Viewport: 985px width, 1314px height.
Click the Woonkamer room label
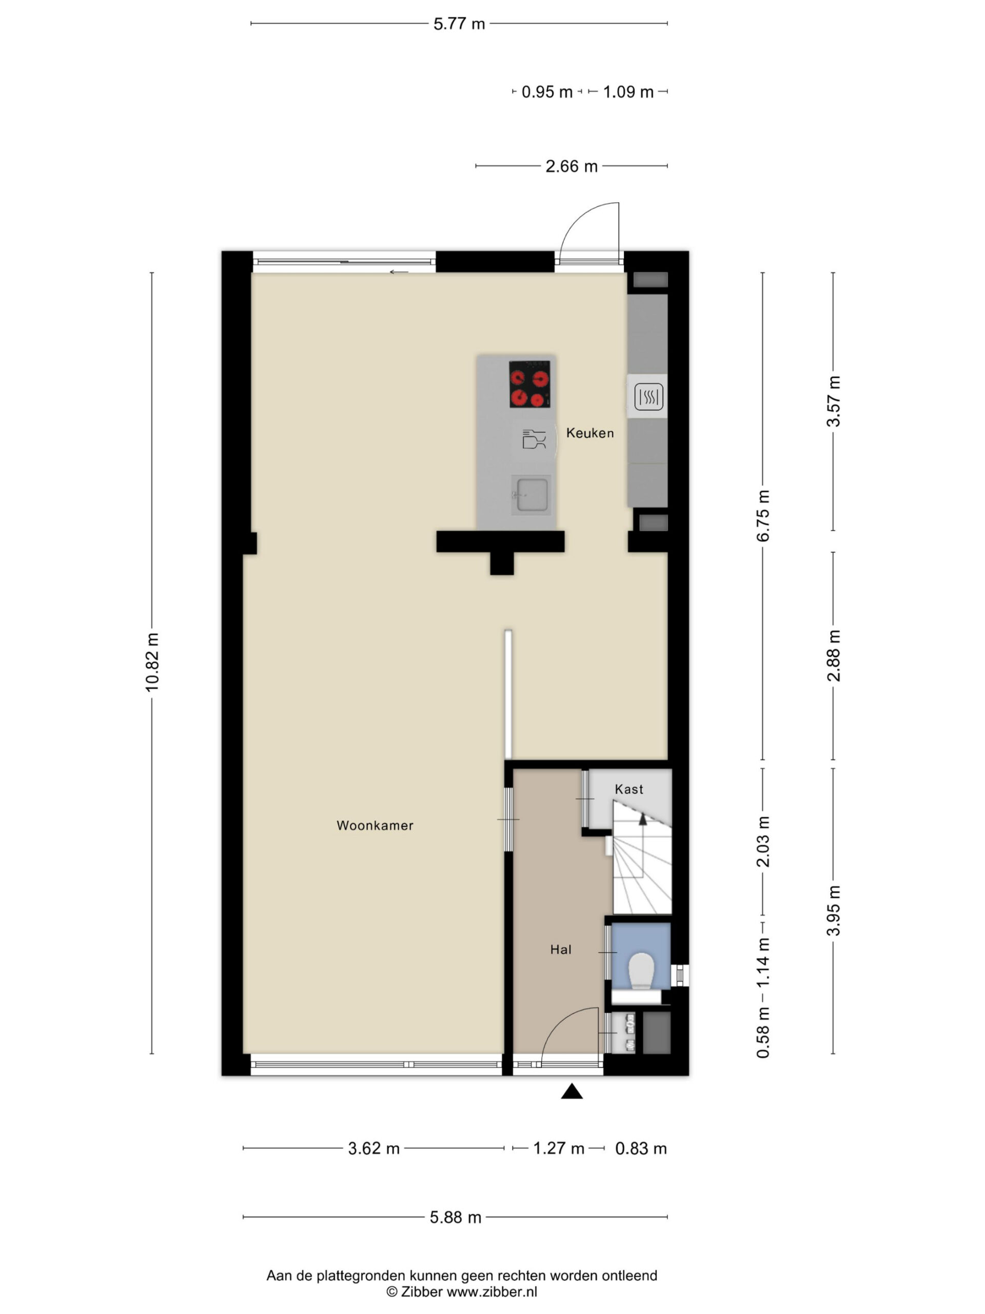tap(375, 825)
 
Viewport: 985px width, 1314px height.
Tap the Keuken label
tap(589, 433)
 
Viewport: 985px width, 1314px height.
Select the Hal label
tap(561, 949)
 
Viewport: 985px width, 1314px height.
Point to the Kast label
tap(629, 789)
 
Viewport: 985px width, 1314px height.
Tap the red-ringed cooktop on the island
tap(529, 384)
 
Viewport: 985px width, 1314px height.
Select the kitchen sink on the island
tap(531, 494)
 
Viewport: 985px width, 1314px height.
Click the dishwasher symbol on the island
tap(534, 439)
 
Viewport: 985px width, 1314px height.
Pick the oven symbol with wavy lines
tap(648, 397)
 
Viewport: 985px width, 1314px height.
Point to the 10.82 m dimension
tap(152, 662)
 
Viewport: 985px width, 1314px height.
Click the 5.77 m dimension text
tap(459, 24)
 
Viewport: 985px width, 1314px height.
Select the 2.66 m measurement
tap(571, 166)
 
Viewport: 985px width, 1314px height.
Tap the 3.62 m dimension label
tap(373, 1148)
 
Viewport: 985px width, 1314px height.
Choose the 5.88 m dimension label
tap(456, 1217)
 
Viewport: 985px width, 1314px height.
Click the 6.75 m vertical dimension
tap(763, 516)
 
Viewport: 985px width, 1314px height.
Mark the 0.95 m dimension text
tap(547, 92)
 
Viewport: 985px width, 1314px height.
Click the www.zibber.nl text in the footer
tap(491, 1291)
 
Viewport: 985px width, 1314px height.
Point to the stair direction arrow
tap(642, 819)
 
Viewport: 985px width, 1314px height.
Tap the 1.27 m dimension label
tap(559, 1148)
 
